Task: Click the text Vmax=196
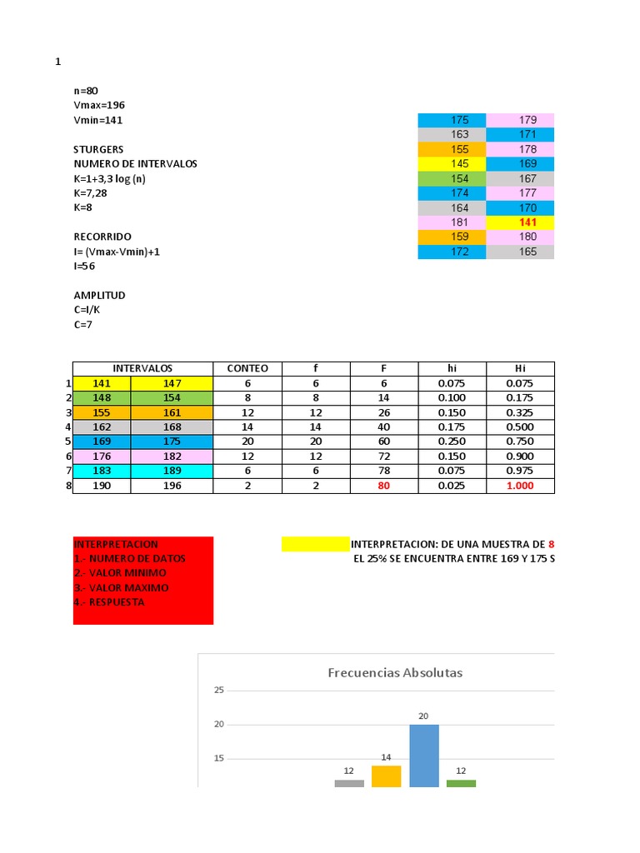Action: click(x=99, y=105)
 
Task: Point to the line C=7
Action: click(x=83, y=324)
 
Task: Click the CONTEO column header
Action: click(x=247, y=368)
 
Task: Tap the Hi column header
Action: click(x=520, y=368)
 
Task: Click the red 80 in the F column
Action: click(x=383, y=486)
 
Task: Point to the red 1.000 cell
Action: click(x=520, y=486)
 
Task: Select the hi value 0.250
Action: click(x=452, y=441)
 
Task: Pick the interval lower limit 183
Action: click(x=102, y=471)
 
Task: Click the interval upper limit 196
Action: click(x=172, y=486)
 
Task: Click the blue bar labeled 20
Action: click(x=423, y=755)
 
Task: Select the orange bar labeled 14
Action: click(x=386, y=776)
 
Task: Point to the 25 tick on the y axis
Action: click(x=219, y=691)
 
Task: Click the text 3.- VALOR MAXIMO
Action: click(x=122, y=587)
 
